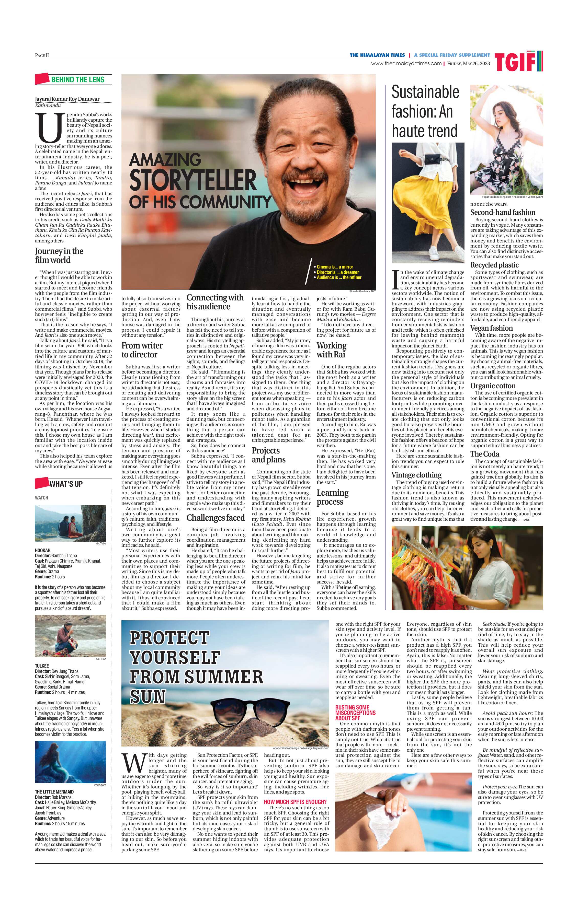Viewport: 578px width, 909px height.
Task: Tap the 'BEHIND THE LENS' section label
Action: coord(78,79)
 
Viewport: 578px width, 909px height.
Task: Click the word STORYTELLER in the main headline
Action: coord(193,180)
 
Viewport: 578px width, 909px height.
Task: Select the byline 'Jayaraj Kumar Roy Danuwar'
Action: coord(67,99)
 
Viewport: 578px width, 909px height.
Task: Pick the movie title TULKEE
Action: coord(42,666)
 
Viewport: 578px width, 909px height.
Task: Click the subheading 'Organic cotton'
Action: coord(493,386)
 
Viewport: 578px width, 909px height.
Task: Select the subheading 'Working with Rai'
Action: coord(331,349)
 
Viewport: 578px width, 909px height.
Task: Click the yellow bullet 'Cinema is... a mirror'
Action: coord(335,267)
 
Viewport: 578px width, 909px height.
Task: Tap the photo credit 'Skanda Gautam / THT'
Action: coord(362,292)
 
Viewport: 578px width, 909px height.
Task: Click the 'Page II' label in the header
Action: coord(42,55)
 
